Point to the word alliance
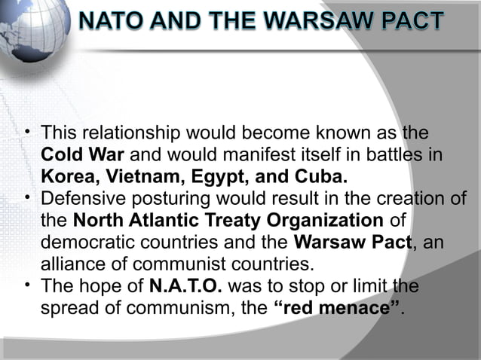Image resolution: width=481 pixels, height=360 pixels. (x=69, y=264)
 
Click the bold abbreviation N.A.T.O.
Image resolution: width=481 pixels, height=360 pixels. (x=185, y=287)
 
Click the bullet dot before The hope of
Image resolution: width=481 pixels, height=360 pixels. (x=26, y=285)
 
